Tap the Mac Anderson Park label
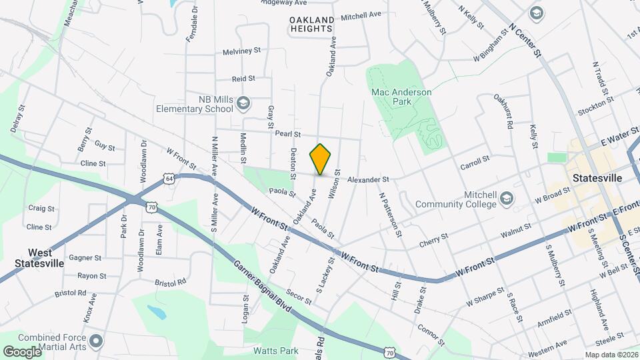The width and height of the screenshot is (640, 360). [x=401, y=97]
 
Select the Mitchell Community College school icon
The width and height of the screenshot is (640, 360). [x=507, y=199]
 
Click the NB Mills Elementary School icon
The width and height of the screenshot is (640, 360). [x=243, y=103]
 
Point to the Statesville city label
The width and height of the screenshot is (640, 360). [x=597, y=179]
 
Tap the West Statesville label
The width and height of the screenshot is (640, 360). [x=39, y=258]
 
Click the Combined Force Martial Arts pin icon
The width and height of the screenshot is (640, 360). [x=97, y=342]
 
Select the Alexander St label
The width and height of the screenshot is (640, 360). [x=367, y=179]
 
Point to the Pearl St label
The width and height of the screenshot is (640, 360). [x=289, y=134]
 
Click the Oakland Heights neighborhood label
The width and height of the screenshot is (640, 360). [x=311, y=25]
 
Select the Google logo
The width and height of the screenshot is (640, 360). [x=22, y=351]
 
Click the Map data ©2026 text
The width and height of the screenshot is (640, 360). [x=611, y=355]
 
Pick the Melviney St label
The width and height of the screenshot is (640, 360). [x=241, y=51]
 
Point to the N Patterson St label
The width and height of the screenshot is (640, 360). [x=391, y=215]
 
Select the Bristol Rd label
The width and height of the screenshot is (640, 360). [x=72, y=293]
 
